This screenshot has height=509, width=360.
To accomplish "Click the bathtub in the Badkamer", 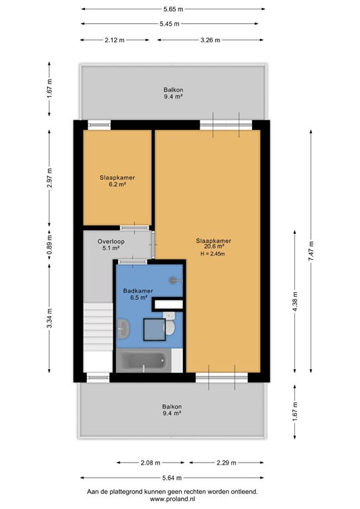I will [143, 362].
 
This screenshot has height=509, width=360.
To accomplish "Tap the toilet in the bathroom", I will [170, 326].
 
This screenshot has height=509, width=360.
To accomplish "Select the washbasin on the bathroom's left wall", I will [123, 327].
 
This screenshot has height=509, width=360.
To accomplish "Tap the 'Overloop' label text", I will [111, 242].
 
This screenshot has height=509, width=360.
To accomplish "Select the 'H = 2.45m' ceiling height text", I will [213, 254].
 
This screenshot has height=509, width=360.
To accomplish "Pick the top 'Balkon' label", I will [174, 89].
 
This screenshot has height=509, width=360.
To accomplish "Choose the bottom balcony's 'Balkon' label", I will [172, 407].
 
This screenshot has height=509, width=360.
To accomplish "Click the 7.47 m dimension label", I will [311, 251].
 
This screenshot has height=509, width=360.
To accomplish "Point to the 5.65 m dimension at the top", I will [173, 9].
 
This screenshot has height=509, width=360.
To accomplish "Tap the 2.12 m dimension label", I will [115, 40].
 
